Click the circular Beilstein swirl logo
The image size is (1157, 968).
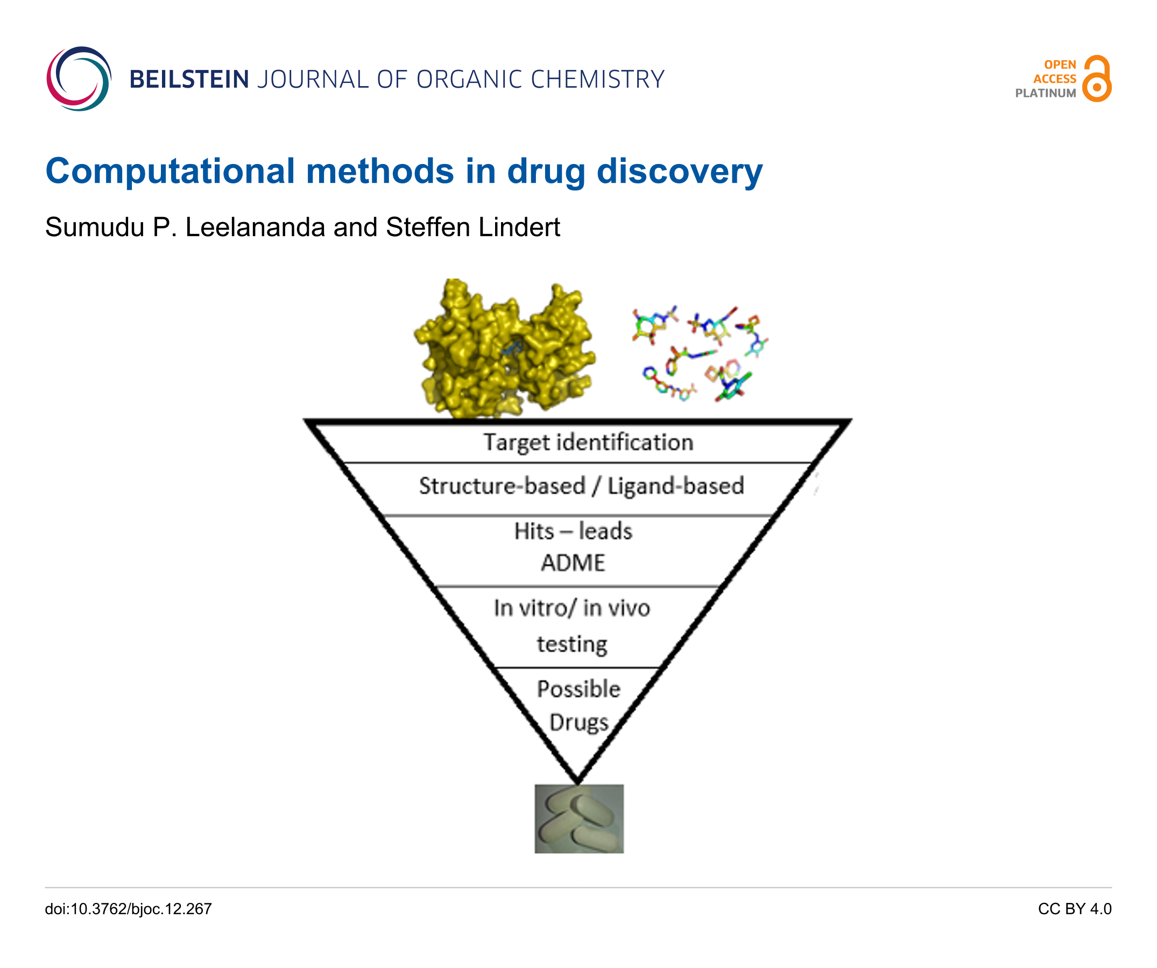(x=79, y=78)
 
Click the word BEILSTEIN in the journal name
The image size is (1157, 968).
(x=189, y=79)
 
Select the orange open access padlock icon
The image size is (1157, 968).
(x=1097, y=78)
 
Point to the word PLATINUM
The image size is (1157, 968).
(x=1046, y=93)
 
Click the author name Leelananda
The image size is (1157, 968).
(x=255, y=227)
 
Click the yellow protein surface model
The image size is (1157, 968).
(x=504, y=348)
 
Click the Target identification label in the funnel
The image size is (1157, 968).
(x=588, y=443)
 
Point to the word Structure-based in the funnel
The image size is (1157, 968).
(x=502, y=486)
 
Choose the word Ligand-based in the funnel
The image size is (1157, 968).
(x=675, y=486)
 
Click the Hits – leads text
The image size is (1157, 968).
(x=573, y=531)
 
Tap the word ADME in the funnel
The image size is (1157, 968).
(x=573, y=563)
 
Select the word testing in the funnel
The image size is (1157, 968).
(x=572, y=644)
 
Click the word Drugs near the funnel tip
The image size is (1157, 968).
(x=578, y=722)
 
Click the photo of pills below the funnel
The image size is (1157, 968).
(x=579, y=819)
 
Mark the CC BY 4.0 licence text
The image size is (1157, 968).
(x=1074, y=908)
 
